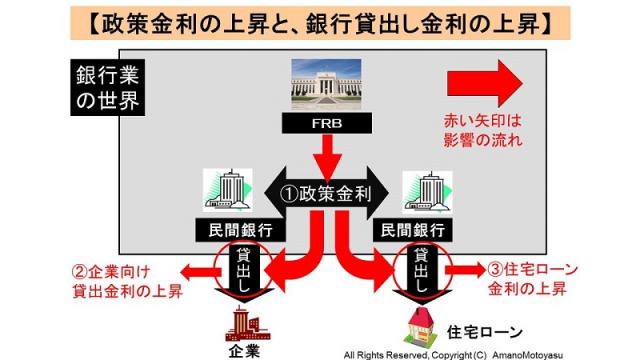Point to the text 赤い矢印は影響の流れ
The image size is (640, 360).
click(482, 129)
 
